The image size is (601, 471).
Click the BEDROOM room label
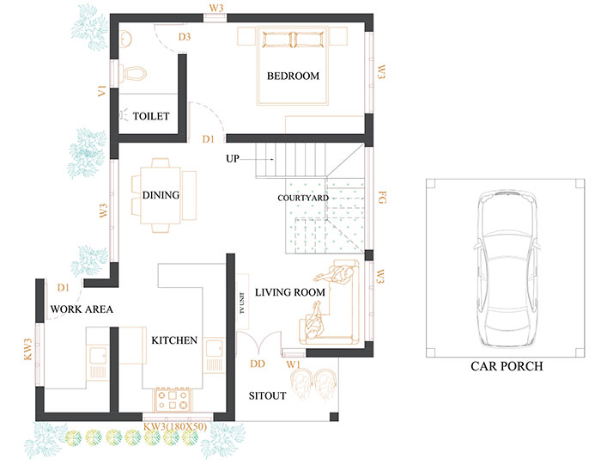pyautogui.click(x=294, y=76)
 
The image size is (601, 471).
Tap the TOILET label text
pyautogui.click(x=151, y=116)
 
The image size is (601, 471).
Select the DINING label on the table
pyautogui.click(x=161, y=195)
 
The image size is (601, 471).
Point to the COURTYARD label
pyautogui.click(x=303, y=198)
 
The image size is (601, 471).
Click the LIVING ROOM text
pyautogui.click(x=290, y=292)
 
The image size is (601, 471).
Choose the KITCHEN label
pyautogui.click(x=174, y=340)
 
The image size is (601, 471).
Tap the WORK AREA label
pyautogui.click(x=82, y=309)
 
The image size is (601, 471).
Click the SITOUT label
pyautogui.click(x=268, y=396)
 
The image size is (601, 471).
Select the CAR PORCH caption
pyautogui.click(x=507, y=366)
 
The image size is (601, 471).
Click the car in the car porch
pyautogui.click(x=507, y=268)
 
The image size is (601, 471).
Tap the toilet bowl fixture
pyautogui.click(x=133, y=73)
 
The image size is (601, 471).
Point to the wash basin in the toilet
pyautogui.click(x=125, y=40)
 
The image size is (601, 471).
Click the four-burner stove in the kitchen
pyautogui.click(x=172, y=400)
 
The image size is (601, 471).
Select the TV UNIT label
pyautogui.click(x=242, y=303)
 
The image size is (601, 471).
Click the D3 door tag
pyautogui.click(x=185, y=37)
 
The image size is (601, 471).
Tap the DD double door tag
pyautogui.click(x=258, y=364)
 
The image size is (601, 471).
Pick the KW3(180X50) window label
pyautogui.click(x=175, y=427)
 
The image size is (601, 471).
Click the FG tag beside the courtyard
pyautogui.click(x=382, y=198)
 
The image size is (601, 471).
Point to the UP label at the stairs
pyautogui.click(x=233, y=158)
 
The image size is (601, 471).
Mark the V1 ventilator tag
pyautogui.click(x=101, y=91)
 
